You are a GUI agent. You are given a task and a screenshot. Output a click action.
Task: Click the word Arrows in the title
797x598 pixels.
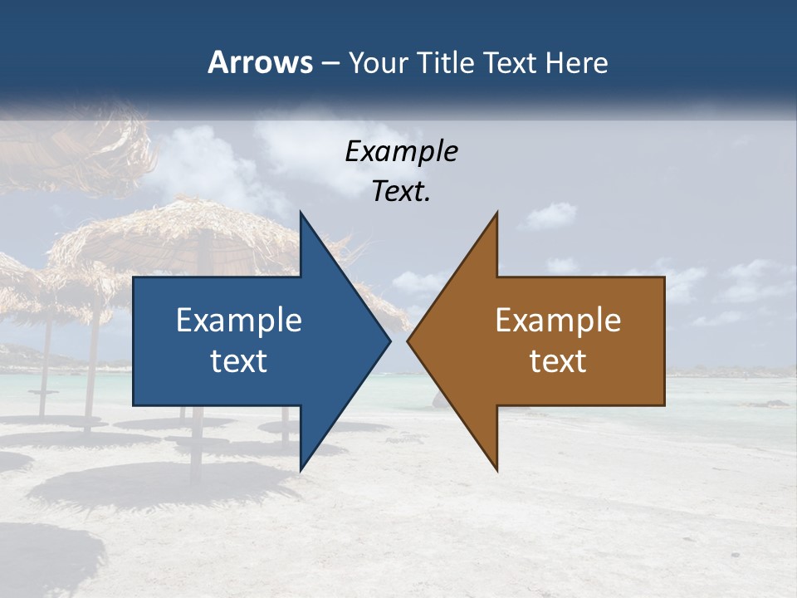tap(260, 62)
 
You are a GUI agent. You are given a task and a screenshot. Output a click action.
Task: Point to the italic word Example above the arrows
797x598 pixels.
tap(402, 151)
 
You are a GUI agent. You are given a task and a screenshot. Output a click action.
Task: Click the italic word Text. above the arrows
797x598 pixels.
tap(402, 191)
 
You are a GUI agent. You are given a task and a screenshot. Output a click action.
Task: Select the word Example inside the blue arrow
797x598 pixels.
tap(239, 320)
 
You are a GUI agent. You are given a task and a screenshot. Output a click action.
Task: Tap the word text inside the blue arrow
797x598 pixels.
tap(239, 360)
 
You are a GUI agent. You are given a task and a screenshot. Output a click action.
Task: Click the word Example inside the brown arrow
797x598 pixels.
tap(558, 320)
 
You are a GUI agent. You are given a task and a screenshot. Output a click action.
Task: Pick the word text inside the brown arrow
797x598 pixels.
tap(558, 360)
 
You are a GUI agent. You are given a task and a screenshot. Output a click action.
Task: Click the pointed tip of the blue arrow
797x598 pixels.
tap(390, 341)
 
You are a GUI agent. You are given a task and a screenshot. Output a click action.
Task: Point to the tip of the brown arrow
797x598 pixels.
tap(408, 341)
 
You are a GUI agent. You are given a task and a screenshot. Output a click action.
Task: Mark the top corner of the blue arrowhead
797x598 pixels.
tap(301, 212)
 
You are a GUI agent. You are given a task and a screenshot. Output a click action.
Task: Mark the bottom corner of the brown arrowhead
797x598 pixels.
tap(497, 471)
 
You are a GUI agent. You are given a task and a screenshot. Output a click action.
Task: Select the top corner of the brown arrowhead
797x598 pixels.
tap(497, 212)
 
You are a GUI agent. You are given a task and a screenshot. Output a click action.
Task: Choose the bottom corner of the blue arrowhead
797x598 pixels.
tap(301, 471)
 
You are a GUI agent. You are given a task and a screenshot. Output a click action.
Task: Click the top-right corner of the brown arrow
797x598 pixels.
tap(664, 277)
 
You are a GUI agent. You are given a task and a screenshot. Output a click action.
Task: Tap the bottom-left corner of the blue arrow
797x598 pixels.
tap(134, 405)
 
